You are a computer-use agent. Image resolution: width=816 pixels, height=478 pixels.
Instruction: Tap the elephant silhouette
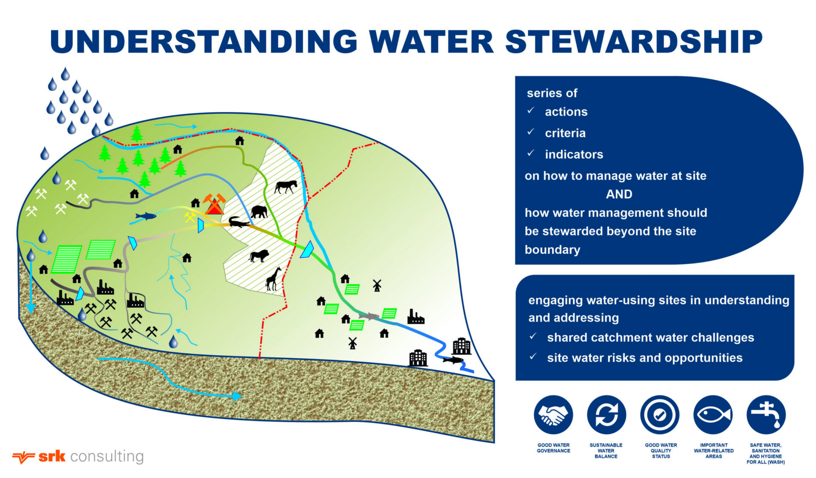coord(259,211)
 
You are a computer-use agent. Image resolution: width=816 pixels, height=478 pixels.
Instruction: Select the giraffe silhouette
coord(273,278)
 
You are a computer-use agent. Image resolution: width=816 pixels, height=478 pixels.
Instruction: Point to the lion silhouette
coord(258,256)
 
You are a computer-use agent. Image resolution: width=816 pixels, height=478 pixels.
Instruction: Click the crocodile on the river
coord(238,222)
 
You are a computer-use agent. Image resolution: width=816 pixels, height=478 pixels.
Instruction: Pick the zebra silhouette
coord(286,186)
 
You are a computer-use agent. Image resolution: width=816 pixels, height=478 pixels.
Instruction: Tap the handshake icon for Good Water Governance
coord(553,415)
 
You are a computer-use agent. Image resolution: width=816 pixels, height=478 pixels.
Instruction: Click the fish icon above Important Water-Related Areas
coord(713,415)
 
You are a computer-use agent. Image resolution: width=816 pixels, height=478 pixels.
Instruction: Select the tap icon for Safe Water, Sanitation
coord(766,415)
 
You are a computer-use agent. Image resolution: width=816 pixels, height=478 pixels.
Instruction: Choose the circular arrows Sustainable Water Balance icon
coord(606,415)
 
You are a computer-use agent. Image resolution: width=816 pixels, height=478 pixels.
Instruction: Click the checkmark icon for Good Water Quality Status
coord(660,415)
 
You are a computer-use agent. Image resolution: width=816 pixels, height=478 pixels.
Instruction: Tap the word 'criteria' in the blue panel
coord(565,133)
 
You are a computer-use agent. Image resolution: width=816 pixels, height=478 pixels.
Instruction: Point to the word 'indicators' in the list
coord(574,155)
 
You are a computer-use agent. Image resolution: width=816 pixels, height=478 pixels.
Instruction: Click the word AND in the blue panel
coord(619,194)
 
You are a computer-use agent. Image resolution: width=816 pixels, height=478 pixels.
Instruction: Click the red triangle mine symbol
coord(214,206)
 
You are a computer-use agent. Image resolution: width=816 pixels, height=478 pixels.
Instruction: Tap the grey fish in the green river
coord(368,316)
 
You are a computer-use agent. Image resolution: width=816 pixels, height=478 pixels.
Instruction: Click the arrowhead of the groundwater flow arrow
coord(237,396)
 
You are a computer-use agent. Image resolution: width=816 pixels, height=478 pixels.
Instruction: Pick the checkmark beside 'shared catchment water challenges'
coord(533,337)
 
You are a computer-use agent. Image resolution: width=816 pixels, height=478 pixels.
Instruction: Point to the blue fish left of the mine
coord(146,217)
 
